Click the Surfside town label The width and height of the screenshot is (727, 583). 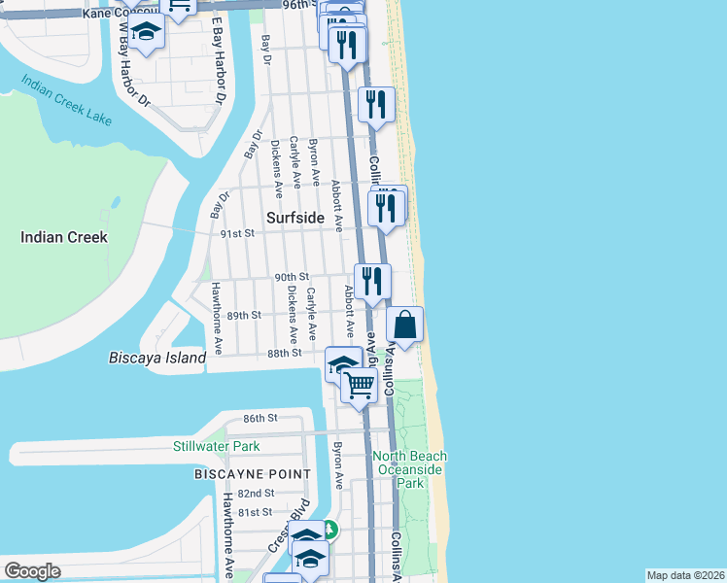tap(294, 218)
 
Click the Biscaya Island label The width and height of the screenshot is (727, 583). tap(157, 358)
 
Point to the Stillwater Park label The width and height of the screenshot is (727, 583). tap(216, 447)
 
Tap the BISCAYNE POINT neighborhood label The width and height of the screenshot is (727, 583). tap(252, 474)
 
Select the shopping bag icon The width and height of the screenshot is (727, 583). tap(405, 325)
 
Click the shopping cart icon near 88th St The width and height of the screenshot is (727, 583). tap(360, 386)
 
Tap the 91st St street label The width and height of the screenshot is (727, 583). tap(237, 233)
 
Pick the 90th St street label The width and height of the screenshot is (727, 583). tap(292, 277)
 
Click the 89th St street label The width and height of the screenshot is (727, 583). tap(244, 315)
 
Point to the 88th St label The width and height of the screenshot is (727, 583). tap(285, 353)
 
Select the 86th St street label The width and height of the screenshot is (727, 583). tap(260, 417)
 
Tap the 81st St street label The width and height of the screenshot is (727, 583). tap(255, 512)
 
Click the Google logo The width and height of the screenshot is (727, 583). tap(32, 571)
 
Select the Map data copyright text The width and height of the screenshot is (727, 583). tap(685, 575)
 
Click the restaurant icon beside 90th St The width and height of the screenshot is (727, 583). tap(372, 282)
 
